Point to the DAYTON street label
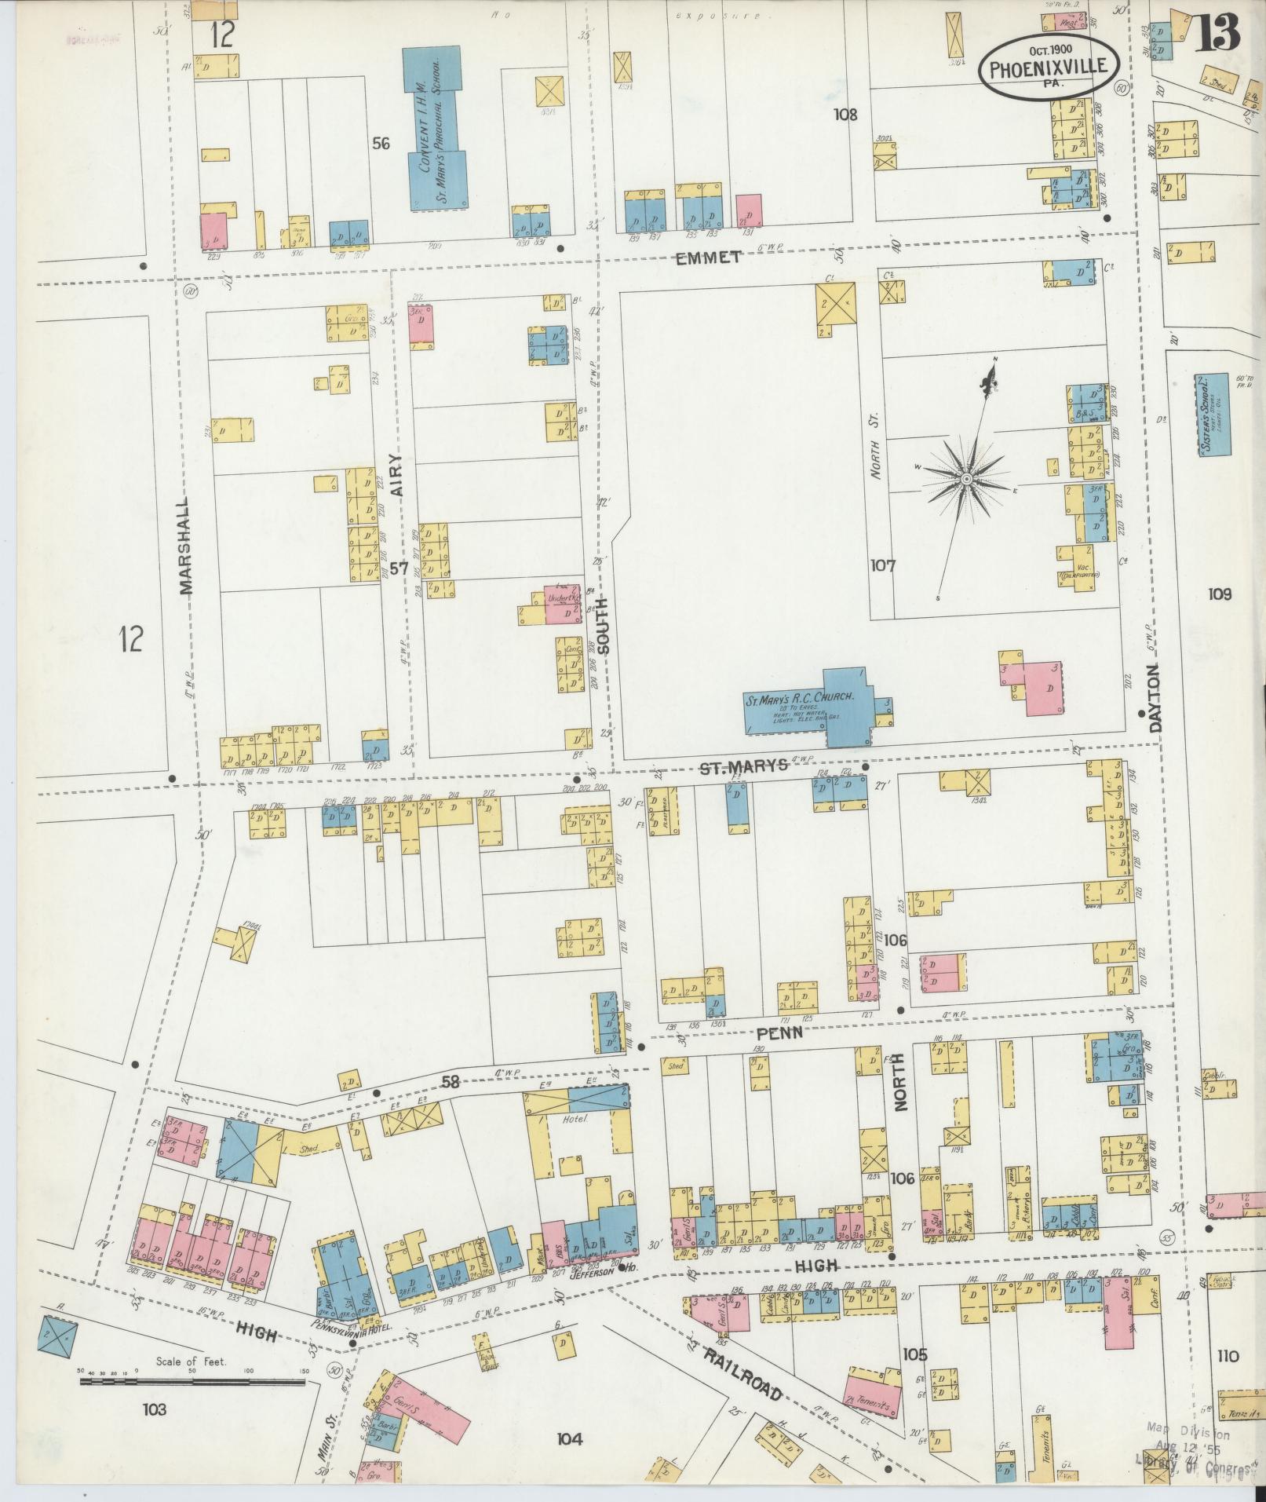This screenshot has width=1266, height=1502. tap(1154, 699)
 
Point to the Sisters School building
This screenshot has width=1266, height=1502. tap(1213, 415)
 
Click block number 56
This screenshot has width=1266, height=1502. tap(381, 144)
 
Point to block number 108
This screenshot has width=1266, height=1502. tap(845, 115)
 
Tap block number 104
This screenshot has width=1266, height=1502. tap(570, 1438)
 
